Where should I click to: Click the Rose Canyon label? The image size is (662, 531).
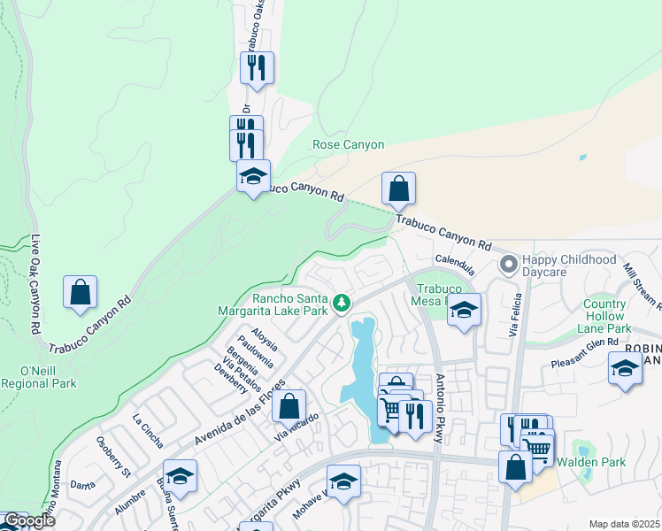[x=349, y=144]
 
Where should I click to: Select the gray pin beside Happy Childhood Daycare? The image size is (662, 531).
[x=509, y=265]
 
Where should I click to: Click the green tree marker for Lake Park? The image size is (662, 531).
[x=342, y=304]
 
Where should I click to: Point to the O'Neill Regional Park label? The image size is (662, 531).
[x=38, y=376]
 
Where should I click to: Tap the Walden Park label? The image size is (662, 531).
[x=590, y=462]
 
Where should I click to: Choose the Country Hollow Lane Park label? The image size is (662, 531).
[x=604, y=316]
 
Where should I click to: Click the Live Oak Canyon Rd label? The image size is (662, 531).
[x=36, y=284]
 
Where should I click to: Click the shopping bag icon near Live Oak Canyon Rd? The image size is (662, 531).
[x=80, y=292]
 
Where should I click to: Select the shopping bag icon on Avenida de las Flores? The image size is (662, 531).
[x=289, y=406]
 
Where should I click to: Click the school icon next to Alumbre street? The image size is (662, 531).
[x=180, y=476]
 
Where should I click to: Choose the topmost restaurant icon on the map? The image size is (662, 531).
[x=257, y=67]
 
